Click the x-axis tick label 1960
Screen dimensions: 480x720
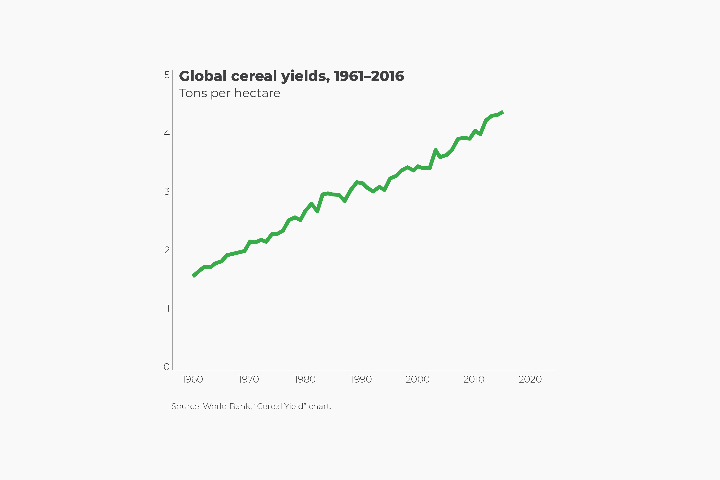193,379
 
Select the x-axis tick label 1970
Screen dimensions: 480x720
249,379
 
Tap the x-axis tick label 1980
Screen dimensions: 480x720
305,379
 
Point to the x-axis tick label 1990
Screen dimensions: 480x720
361,379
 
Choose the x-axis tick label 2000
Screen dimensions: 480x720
418,379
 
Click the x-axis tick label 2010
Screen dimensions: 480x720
474,379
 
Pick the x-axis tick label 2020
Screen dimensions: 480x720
530,379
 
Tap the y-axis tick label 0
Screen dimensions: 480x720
167,367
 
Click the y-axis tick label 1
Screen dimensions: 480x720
167,308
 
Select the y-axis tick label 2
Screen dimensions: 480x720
167,250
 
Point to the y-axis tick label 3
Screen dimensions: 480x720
167,192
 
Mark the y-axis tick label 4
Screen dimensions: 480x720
167,133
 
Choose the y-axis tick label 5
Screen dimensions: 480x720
167,75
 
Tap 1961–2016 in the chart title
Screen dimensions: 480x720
369,76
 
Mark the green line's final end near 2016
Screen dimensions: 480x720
503,112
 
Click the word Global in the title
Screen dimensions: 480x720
203,76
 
